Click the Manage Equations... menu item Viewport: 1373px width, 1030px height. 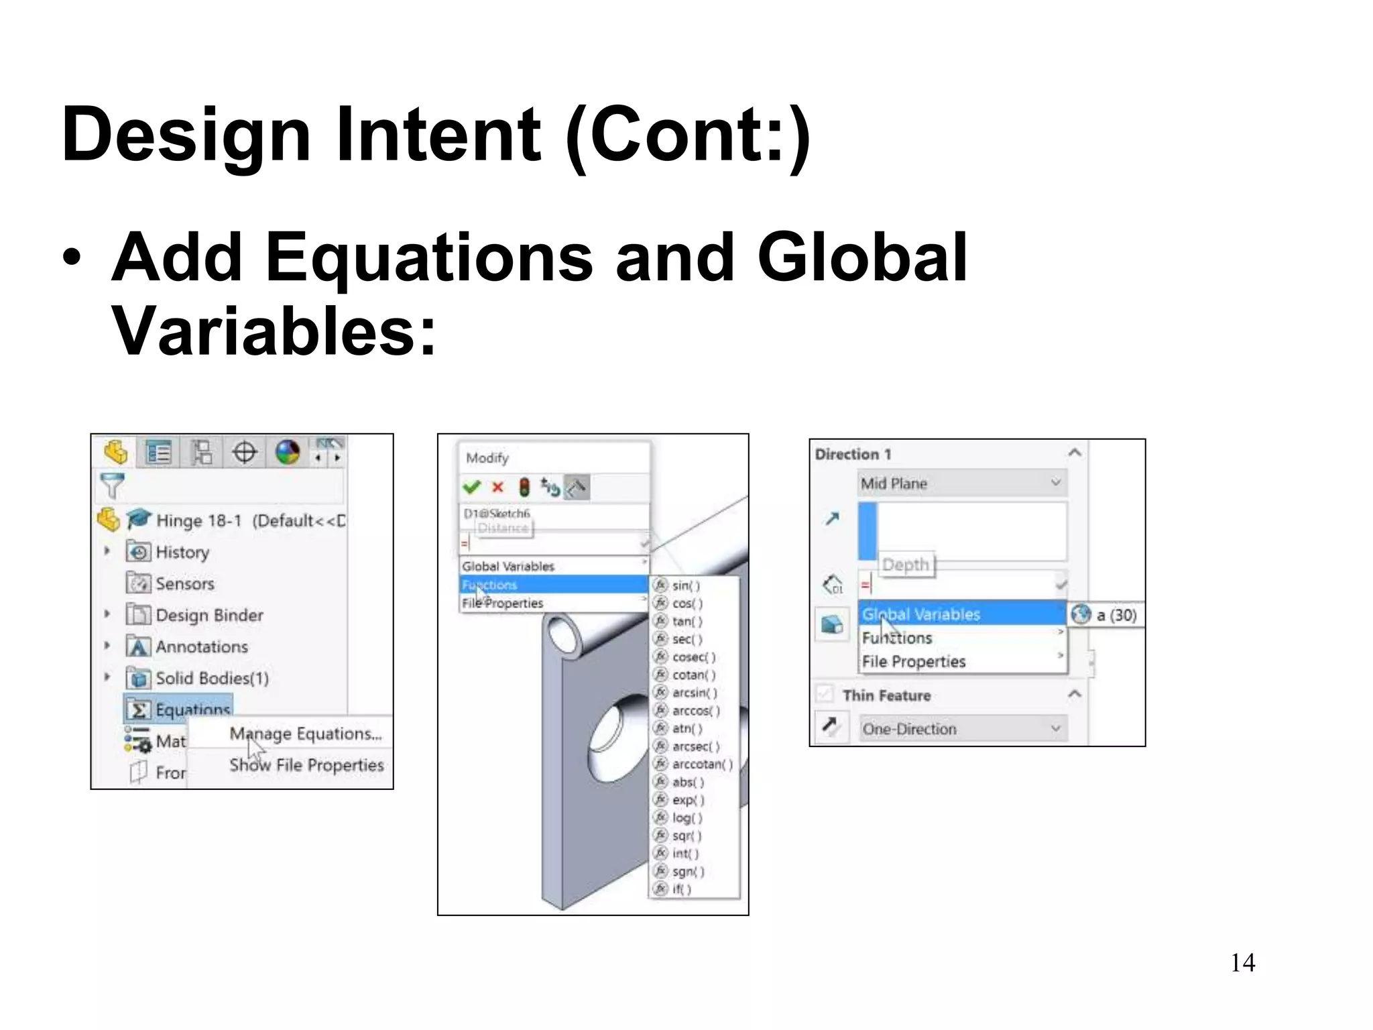tap(305, 734)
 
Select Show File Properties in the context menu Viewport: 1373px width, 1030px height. tap(306, 765)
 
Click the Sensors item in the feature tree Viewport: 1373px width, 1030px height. tap(184, 583)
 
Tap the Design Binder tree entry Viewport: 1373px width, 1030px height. tap(209, 615)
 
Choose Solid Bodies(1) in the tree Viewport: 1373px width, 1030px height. tap(212, 678)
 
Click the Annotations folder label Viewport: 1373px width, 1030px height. tap(202, 646)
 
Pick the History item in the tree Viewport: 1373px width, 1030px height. tap(182, 552)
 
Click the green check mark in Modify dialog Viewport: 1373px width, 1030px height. tap(472, 488)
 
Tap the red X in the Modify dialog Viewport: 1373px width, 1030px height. tap(497, 488)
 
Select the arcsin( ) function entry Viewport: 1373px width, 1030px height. tap(694, 693)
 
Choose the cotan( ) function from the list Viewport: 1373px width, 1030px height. tap(693, 675)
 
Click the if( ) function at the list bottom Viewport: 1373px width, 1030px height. tap(681, 889)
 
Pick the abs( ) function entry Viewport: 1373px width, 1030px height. tap(688, 782)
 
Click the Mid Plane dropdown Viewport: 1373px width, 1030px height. tap(962, 483)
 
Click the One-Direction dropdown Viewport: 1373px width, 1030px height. tap(962, 729)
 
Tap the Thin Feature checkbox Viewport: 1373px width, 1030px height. tap(825, 694)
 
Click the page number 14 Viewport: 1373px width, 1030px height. tap(1242, 963)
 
